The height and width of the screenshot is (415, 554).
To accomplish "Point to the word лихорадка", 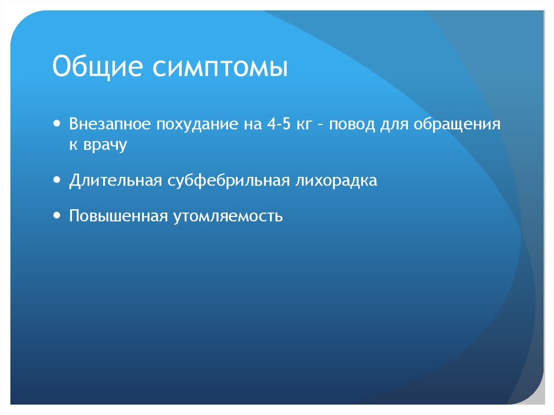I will point(336,181).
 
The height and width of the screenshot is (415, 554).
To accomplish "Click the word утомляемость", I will point(228,217).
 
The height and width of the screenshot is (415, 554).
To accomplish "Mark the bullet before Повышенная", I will point(57,215).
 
